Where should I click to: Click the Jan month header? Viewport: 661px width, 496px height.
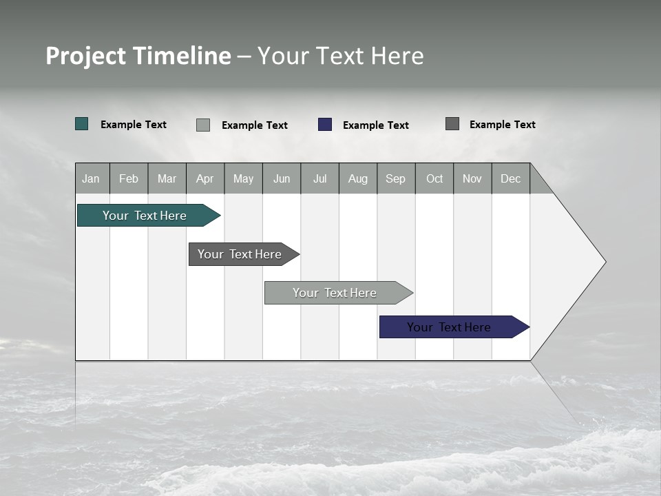(92, 178)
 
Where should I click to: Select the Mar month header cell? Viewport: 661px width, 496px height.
(167, 178)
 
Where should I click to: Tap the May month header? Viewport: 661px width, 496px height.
(243, 178)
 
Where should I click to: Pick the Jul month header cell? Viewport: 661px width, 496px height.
(319, 178)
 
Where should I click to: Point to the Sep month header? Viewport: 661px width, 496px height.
(396, 178)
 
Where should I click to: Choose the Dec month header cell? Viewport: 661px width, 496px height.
(510, 178)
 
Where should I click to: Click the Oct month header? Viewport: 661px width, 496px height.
(434, 178)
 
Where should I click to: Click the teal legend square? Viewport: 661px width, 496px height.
(82, 124)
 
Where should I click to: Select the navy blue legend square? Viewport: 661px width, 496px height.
(325, 125)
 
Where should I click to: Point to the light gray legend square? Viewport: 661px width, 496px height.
(203, 125)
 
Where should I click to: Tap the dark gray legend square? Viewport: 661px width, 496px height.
(452, 124)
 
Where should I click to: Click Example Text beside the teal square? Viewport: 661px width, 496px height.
(134, 125)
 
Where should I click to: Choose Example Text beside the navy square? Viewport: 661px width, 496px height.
(376, 125)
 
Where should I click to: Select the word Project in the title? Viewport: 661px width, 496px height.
(86, 56)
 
